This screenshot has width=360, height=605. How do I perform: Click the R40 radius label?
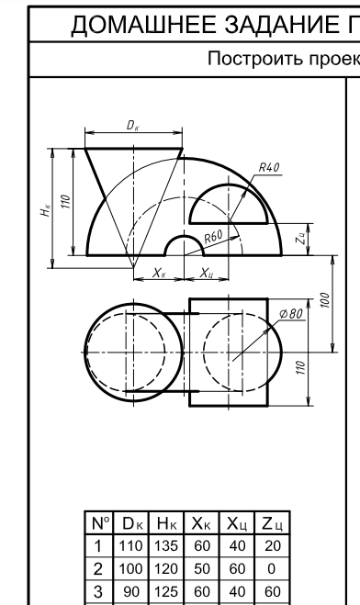tap(269, 168)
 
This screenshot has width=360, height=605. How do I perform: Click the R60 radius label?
tap(213, 236)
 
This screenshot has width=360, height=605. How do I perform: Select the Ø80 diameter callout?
tap(291, 314)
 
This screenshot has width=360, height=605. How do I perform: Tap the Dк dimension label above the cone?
tap(132, 126)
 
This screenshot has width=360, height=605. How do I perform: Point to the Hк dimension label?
tap(45, 210)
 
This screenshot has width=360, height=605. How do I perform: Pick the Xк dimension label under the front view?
tap(159, 273)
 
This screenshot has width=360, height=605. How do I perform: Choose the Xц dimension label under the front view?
tap(207, 274)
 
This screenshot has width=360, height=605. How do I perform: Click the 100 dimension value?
tap(325, 300)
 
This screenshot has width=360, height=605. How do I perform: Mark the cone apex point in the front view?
tap(133, 268)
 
